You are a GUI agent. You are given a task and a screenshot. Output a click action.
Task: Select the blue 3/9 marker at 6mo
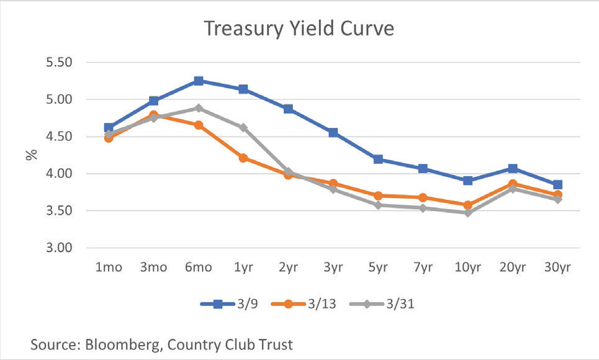[199, 81]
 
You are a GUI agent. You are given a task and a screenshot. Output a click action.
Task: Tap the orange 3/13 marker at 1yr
[243, 158]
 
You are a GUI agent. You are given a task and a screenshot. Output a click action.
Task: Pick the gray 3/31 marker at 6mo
[199, 108]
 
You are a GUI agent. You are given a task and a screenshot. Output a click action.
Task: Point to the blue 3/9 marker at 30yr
[557, 184]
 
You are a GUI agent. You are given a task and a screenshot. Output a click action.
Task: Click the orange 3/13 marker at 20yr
[513, 184]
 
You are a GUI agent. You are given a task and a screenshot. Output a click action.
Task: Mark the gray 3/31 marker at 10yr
[467, 212]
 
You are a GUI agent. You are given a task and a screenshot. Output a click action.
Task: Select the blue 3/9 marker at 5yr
[378, 159]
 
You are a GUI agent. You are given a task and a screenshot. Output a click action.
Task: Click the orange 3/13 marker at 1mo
[109, 138]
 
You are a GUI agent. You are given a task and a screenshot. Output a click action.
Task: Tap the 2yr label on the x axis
[288, 268]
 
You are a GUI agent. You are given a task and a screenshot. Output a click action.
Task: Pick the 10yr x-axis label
[467, 268]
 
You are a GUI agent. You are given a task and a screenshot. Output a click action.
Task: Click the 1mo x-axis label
[109, 268]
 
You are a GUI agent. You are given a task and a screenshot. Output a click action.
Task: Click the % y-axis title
[31, 155]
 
